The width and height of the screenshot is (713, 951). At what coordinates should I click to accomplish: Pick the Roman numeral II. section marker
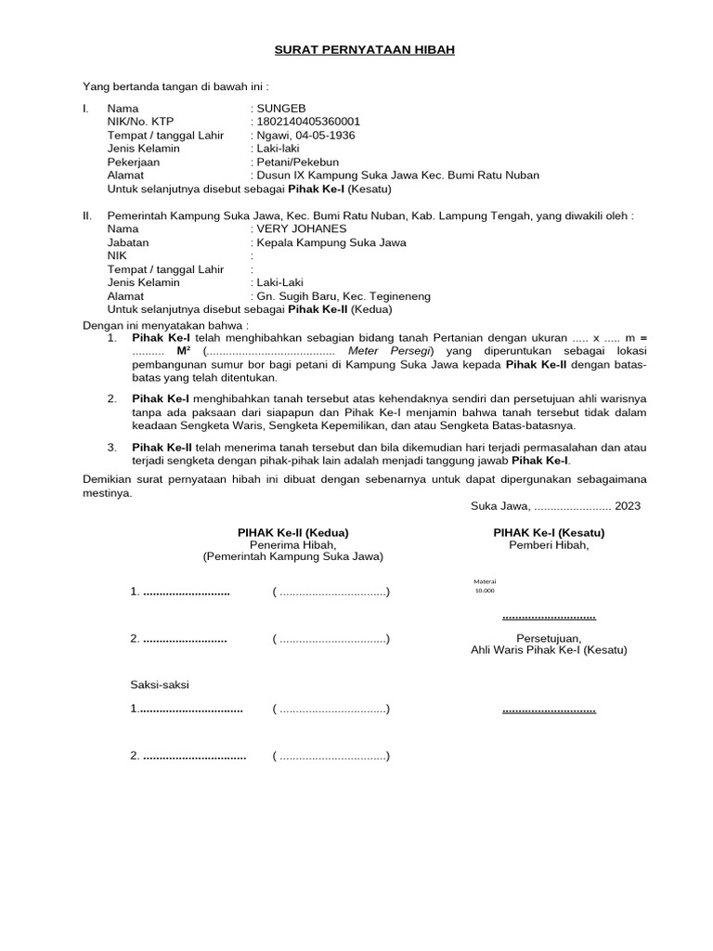[x=88, y=215]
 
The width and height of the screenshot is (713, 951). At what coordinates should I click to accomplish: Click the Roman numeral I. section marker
[x=86, y=109]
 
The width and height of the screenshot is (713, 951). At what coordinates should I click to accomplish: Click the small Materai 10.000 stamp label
[x=485, y=585]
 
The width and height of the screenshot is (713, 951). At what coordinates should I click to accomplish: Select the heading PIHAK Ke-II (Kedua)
[x=292, y=532]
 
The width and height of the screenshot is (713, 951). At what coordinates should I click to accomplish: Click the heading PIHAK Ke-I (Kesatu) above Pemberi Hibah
[x=549, y=532]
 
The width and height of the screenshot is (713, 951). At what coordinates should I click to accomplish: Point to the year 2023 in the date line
[x=627, y=506]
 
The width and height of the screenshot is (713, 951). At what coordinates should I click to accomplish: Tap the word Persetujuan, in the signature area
[x=549, y=637]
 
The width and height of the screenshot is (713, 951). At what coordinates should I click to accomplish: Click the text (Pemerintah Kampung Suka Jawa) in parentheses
[x=292, y=557]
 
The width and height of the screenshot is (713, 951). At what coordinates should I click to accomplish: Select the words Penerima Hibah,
[x=292, y=545]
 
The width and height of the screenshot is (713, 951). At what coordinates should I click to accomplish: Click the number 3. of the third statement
[x=111, y=447]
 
